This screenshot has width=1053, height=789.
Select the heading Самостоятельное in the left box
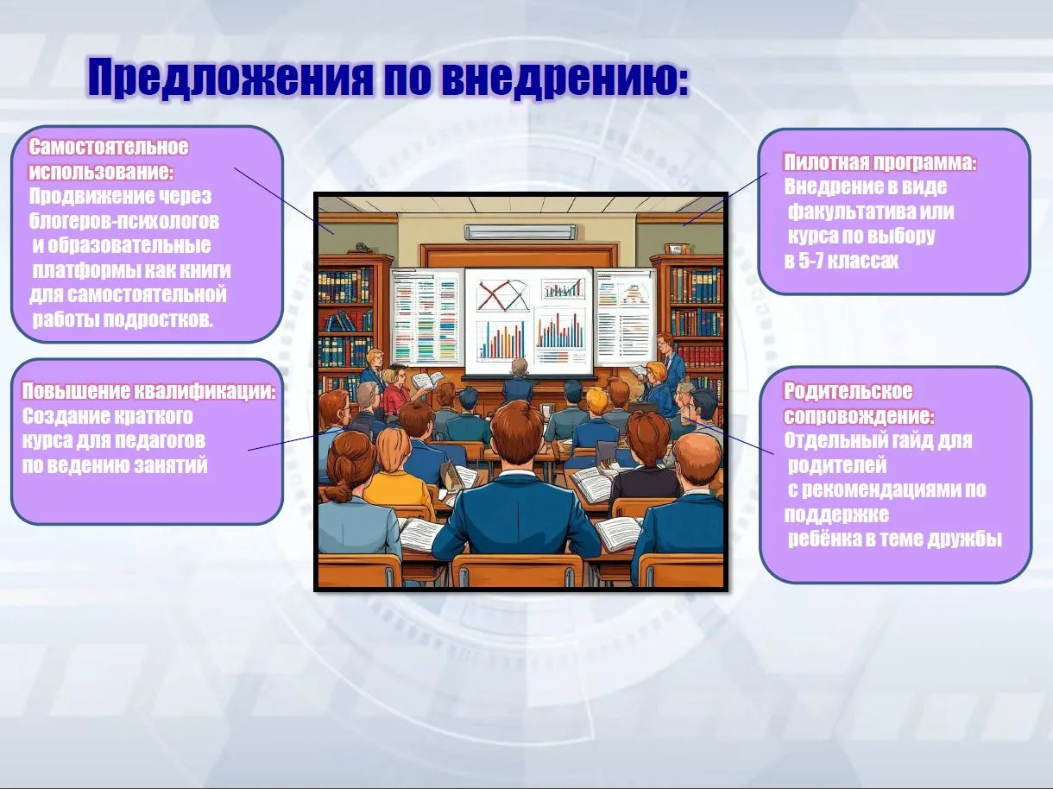point(109,147)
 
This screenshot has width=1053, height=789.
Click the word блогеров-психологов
point(124,221)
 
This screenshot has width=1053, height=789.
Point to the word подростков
point(158,319)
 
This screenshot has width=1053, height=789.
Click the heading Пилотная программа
point(880,162)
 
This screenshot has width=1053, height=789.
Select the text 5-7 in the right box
point(810,261)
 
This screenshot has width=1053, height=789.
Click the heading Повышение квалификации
point(148,391)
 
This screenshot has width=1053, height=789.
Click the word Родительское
point(848,391)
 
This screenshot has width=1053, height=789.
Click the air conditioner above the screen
point(520,232)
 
